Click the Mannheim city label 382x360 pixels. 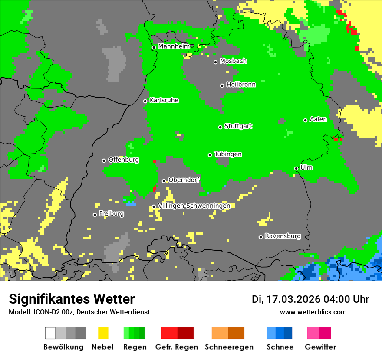pos(174,46)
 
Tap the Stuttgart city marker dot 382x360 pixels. pos(220,127)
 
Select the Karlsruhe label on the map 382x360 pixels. pos(164,100)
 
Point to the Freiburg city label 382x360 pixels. pos(111,214)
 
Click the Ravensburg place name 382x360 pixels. pos(283,236)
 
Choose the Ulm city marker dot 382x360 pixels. pos(296,168)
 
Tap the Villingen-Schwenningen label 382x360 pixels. pos(194,206)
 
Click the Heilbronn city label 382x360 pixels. pos(241,85)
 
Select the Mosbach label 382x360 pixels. pos(233,61)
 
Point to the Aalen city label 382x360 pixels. pos(318,119)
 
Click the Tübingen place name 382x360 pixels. pos(228,154)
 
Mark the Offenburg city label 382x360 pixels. pos(124,160)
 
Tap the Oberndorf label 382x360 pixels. pos(184,180)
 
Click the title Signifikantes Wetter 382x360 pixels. pos(72,299)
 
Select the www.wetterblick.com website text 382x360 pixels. pos(313,312)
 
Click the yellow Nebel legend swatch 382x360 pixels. pos(103,333)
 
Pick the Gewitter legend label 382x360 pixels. pos(320,347)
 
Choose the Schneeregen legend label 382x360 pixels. pos(229,347)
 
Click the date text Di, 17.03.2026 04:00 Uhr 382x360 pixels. pos(310,299)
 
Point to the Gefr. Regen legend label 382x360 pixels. pos(177,347)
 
